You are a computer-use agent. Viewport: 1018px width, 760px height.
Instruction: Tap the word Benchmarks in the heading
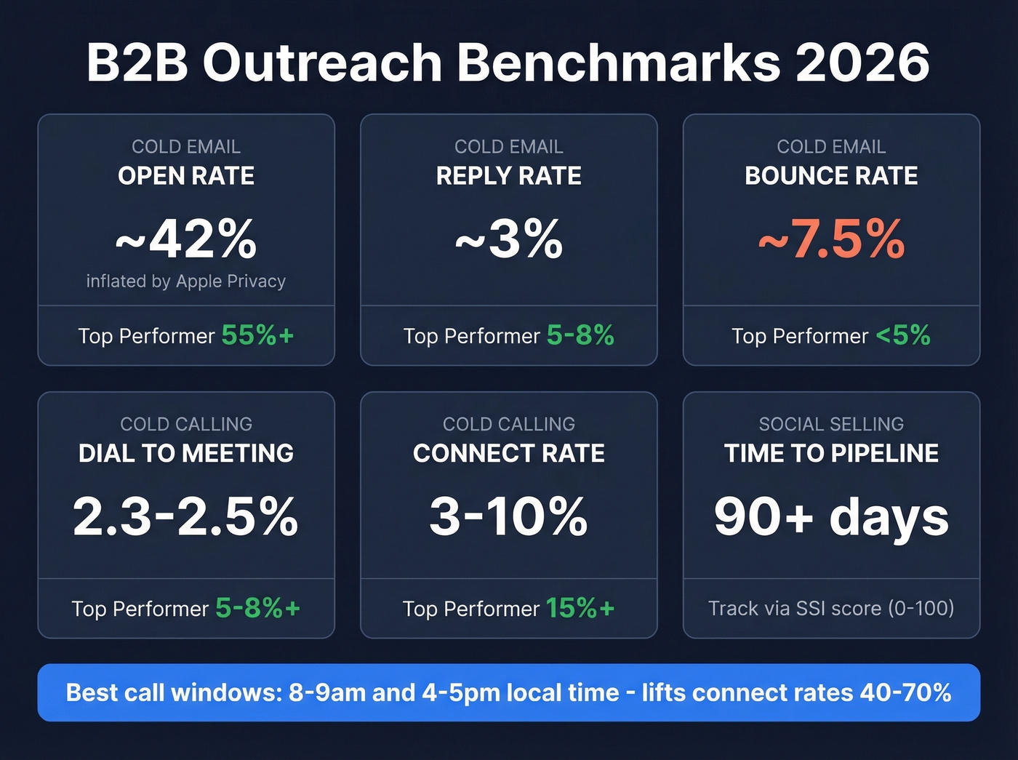point(618,63)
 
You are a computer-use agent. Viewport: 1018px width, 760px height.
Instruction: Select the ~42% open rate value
point(186,239)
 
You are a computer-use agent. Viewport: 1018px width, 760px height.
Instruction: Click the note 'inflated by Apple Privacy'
point(186,281)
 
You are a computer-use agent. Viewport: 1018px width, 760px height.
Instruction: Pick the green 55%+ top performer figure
point(257,335)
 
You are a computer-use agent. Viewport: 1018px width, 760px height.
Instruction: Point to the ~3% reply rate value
point(509,239)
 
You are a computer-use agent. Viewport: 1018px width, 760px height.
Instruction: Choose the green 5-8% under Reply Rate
point(580,335)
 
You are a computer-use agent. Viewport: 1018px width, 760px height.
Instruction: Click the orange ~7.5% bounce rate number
point(831,239)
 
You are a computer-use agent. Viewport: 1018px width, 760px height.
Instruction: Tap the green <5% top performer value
point(903,335)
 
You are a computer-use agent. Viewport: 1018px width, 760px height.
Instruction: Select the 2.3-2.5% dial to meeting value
point(186,517)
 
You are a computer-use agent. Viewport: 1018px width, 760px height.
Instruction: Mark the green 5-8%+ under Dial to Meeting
point(257,608)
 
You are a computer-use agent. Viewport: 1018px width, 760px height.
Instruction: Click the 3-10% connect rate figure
point(509,517)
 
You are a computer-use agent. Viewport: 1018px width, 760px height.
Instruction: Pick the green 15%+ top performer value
point(580,608)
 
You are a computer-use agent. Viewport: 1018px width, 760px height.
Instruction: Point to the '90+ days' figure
point(831,517)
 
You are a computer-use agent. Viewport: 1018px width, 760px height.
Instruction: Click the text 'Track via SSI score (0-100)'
point(831,608)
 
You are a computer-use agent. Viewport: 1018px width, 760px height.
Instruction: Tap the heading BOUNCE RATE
point(831,176)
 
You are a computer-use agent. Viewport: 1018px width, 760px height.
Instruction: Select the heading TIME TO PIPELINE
point(831,454)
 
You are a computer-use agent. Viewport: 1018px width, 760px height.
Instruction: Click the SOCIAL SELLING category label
point(831,424)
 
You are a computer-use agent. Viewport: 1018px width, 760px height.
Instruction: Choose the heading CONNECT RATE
point(509,454)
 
